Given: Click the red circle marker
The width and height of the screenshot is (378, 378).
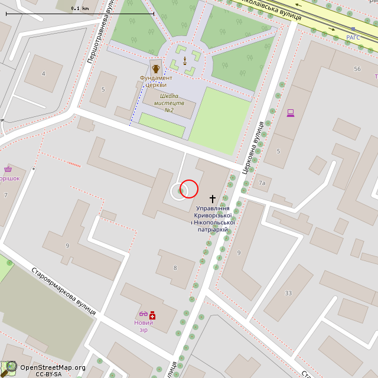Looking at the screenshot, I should (x=188, y=189).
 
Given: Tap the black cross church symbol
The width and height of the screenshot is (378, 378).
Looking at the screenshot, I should (x=213, y=200).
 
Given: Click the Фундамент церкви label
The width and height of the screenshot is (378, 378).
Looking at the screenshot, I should (x=156, y=81).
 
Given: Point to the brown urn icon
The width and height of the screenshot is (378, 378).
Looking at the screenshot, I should (x=156, y=68).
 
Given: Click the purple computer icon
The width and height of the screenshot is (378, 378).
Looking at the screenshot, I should (x=290, y=113).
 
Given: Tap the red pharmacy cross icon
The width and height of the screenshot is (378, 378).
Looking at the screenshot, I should (x=152, y=315).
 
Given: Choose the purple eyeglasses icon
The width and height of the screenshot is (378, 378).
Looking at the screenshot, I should (x=144, y=314).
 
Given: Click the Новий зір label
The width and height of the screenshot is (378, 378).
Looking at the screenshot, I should (x=144, y=326).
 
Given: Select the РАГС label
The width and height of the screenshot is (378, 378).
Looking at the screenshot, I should (x=353, y=37).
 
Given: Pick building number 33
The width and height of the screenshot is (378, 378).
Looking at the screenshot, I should (x=288, y=293).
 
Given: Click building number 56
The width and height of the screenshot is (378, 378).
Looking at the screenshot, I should (x=357, y=69).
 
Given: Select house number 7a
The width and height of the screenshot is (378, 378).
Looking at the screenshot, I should (x=262, y=183).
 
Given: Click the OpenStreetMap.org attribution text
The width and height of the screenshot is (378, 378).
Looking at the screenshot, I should (x=53, y=367).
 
